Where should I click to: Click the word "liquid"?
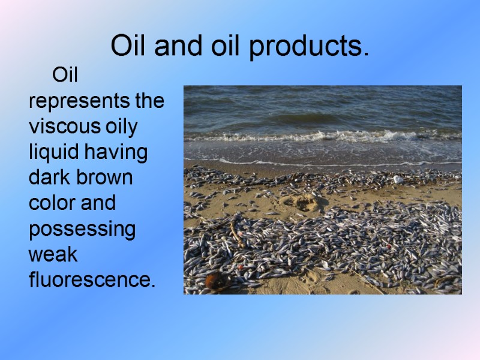pyautogui.click(x=55, y=153)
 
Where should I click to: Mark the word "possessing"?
pyautogui.click(x=82, y=230)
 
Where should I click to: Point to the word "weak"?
pyautogui.click(x=53, y=254)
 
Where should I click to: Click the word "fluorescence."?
pyautogui.click(x=92, y=280)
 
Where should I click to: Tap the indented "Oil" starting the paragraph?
pyautogui.click(x=69, y=76)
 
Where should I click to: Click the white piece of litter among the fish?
pyautogui.click(x=398, y=179)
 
